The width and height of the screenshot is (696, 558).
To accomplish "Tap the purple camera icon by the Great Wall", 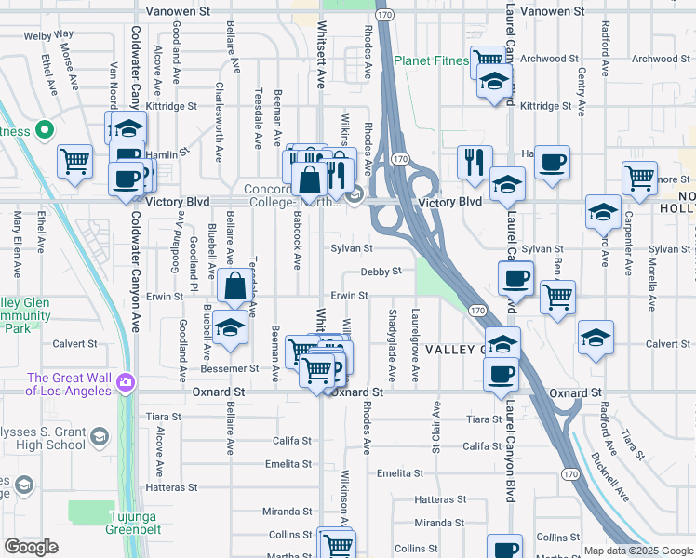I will pyautogui.click(x=126, y=381).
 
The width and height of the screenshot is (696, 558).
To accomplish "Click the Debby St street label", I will pyautogui.click(x=381, y=272).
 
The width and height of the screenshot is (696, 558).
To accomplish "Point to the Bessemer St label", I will pyautogui.click(x=230, y=368).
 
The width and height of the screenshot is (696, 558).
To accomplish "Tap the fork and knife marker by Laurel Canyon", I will pyautogui.click(x=475, y=163).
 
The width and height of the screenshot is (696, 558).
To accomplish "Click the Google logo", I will pyautogui.click(x=31, y=547).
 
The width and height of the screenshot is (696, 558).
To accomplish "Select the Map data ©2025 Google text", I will pyautogui.click(x=638, y=551).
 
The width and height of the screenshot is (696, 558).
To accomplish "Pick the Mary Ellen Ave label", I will pyautogui.click(x=17, y=245).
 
